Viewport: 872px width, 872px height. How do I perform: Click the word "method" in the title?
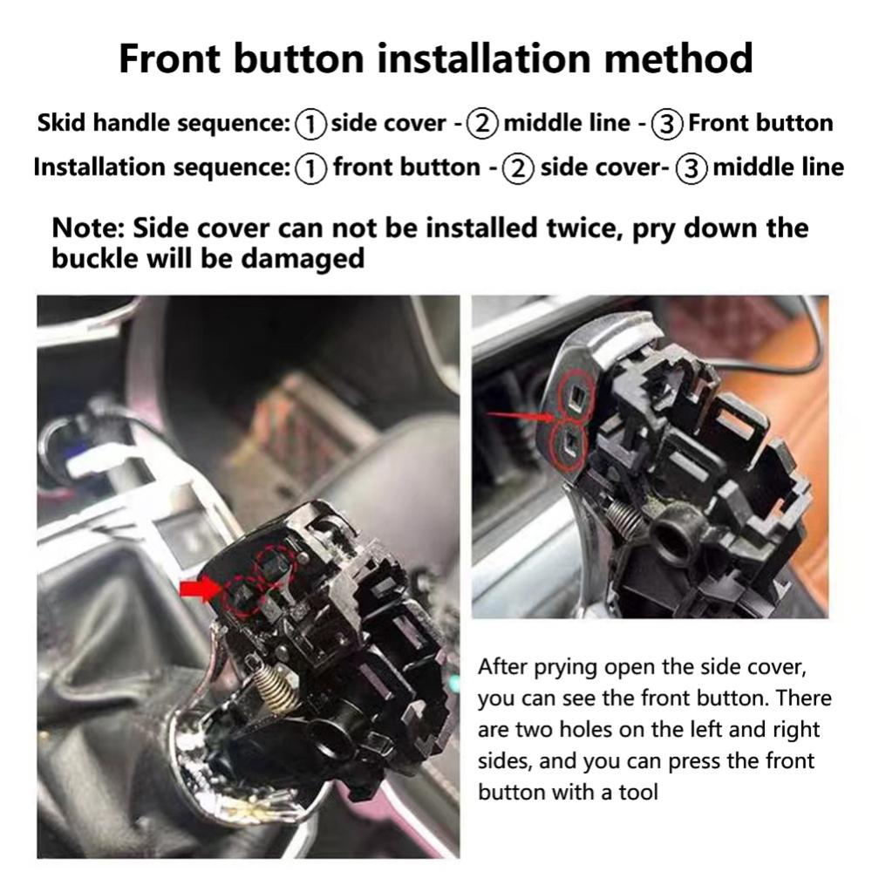tap(678, 58)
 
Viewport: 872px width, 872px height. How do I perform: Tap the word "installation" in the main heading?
tap(483, 58)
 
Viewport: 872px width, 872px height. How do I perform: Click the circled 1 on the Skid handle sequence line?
tap(311, 124)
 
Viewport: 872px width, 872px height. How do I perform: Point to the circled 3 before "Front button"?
tap(667, 124)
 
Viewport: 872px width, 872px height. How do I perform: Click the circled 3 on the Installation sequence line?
tap(691, 168)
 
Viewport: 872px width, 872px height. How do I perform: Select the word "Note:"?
tap(87, 228)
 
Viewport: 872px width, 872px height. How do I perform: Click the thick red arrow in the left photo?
tap(201, 589)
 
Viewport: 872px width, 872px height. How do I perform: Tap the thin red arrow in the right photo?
tap(521, 415)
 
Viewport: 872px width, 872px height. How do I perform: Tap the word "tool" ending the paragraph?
tap(639, 792)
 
